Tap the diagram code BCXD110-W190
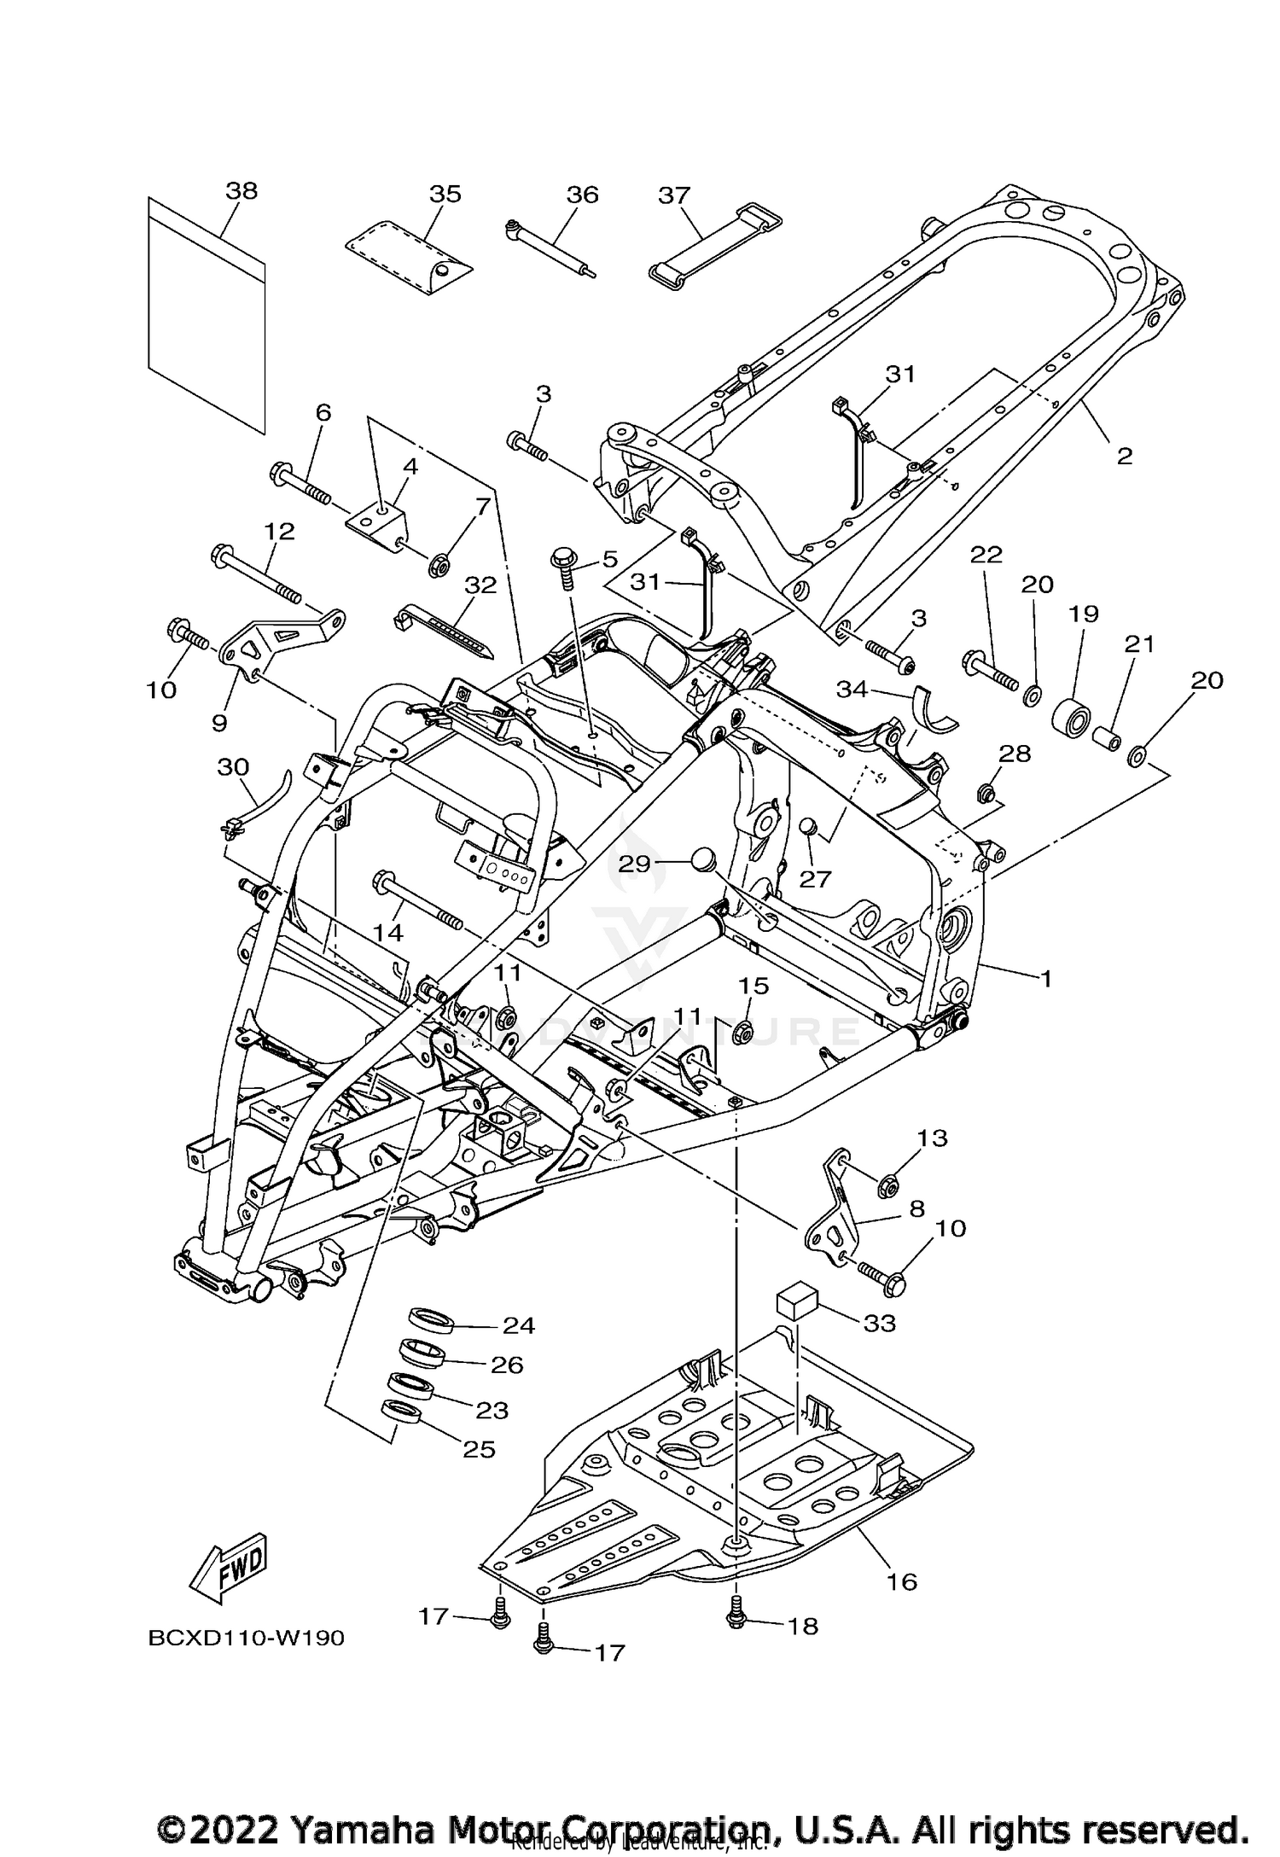246,1639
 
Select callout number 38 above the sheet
241,190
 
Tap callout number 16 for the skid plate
901,1581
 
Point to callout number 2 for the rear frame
1125,456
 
